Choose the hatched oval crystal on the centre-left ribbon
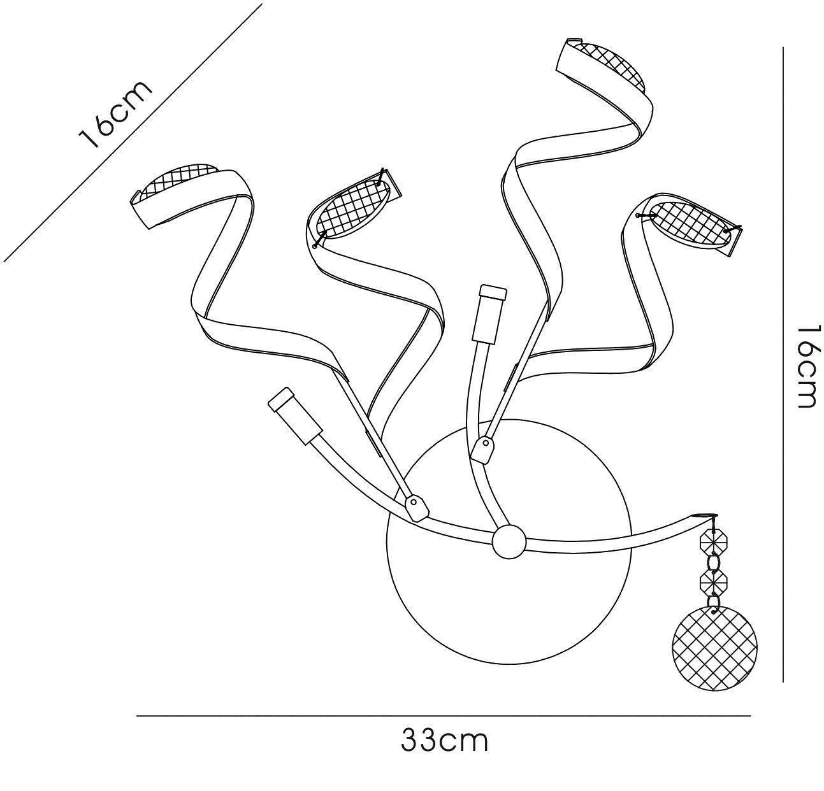point(352,208)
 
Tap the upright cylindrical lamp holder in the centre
point(490,315)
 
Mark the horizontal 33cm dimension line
point(444,716)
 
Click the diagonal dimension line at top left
point(133,132)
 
